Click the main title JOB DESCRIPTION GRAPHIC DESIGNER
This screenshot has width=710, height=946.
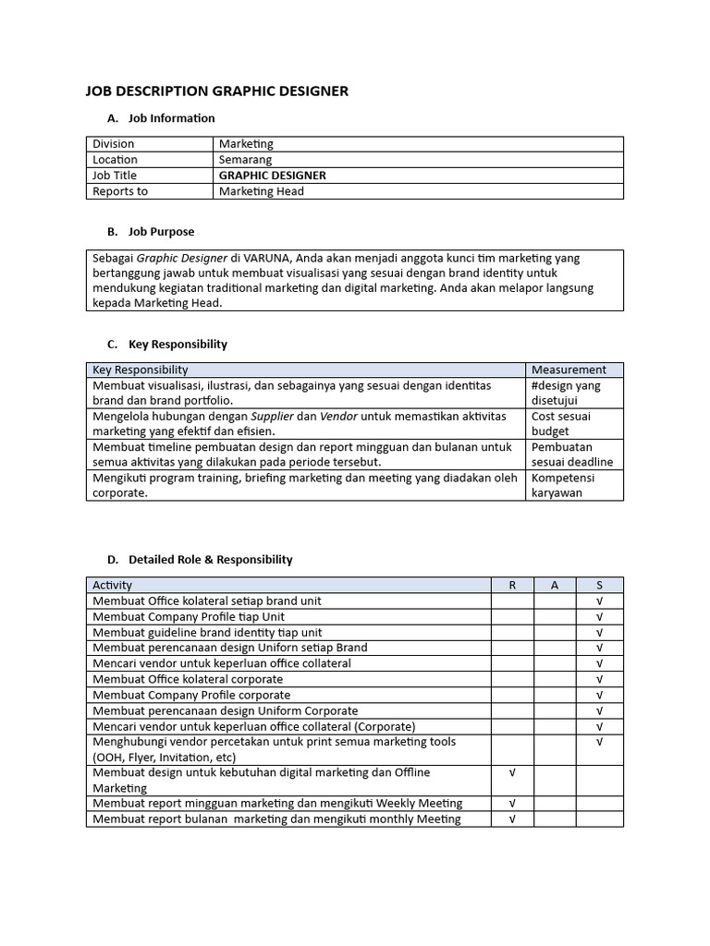[x=217, y=91]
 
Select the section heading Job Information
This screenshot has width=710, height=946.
[x=171, y=118]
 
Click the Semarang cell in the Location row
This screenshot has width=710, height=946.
[x=245, y=160]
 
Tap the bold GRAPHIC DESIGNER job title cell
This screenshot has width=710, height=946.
[x=272, y=176]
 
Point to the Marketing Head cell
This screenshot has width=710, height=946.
[x=262, y=191]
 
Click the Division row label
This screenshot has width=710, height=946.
[x=114, y=144]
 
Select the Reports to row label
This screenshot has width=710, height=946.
[x=120, y=191]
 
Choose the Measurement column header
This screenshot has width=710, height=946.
[x=569, y=370]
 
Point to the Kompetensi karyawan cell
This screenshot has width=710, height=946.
[x=563, y=485]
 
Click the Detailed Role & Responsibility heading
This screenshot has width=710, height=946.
[x=211, y=559]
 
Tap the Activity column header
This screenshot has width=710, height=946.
[x=113, y=585]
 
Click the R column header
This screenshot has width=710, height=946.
[x=512, y=585]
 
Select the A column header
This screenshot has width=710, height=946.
[x=555, y=585]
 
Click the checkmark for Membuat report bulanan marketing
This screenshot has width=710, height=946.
[x=512, y=819]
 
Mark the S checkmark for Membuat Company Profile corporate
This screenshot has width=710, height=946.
[x=599, y=695]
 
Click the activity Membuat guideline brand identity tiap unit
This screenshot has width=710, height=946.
[x=207, y=632]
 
